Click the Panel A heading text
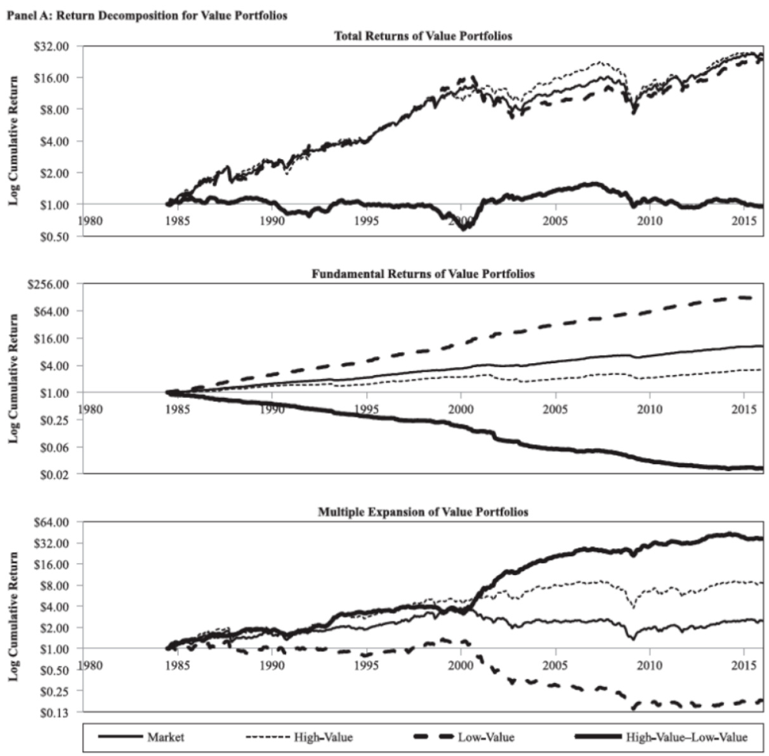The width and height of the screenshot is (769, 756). pos(147,15)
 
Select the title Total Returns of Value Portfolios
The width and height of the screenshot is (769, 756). pos(423,36)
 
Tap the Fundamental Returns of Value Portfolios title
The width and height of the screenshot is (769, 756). pos(423,274)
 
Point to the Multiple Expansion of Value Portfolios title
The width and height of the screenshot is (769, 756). pos(423,512)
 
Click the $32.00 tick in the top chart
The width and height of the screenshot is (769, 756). pos(54,46)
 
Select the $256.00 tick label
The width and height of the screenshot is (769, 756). pos(51,284)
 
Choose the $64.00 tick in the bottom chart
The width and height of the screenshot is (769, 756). pos(54,522)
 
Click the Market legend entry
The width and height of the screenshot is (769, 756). pos(166,737)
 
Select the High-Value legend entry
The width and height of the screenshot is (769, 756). pos(323,737)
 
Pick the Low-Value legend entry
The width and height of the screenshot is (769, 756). pos(486,737)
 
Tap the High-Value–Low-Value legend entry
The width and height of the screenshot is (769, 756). pos(687,737)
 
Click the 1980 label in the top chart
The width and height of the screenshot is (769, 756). pos(90,221)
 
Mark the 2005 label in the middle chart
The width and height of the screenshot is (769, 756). pos(555,409)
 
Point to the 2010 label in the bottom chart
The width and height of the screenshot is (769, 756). pos(649,665)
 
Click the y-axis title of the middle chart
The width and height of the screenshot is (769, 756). pos(14,379)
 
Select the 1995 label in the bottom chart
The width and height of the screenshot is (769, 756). pos(367,665)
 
